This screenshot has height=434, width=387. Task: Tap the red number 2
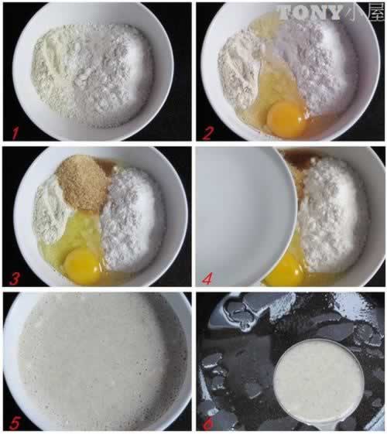(x=205, y=132)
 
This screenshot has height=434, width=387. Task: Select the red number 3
(x=10, y=274)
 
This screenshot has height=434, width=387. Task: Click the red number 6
(x=205, y=419)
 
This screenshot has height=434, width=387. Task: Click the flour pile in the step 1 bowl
(x=93, y=73)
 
